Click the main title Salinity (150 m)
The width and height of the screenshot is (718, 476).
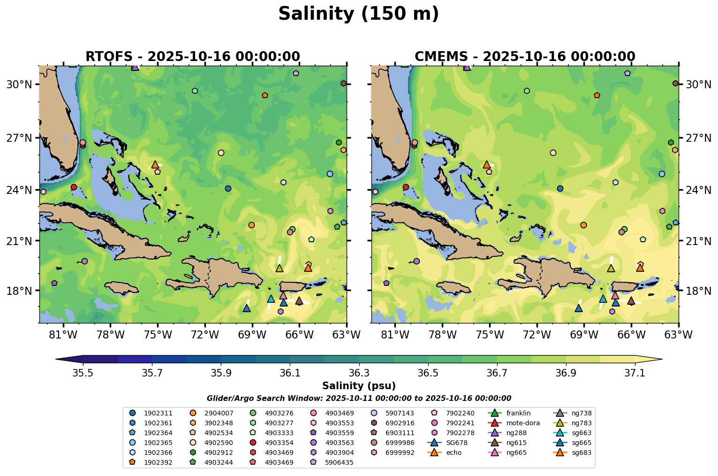358,14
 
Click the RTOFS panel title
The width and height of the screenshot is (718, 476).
192,57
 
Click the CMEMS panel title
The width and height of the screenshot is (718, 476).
525,57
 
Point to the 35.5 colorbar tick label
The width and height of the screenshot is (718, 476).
83,373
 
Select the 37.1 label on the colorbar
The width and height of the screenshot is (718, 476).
635,373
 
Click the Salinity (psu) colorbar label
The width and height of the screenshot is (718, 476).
359,386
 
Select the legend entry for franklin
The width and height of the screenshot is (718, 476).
518,414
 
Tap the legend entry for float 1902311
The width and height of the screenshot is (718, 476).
158,414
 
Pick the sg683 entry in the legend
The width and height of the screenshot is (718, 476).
581,453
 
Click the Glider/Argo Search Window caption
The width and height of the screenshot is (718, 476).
359,399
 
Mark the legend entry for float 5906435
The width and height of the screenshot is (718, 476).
340,462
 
